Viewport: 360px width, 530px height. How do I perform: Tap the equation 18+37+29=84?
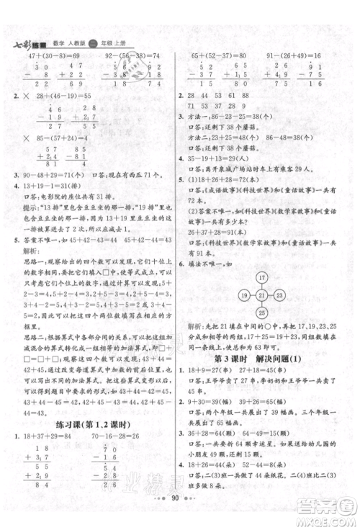coord(53,427)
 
